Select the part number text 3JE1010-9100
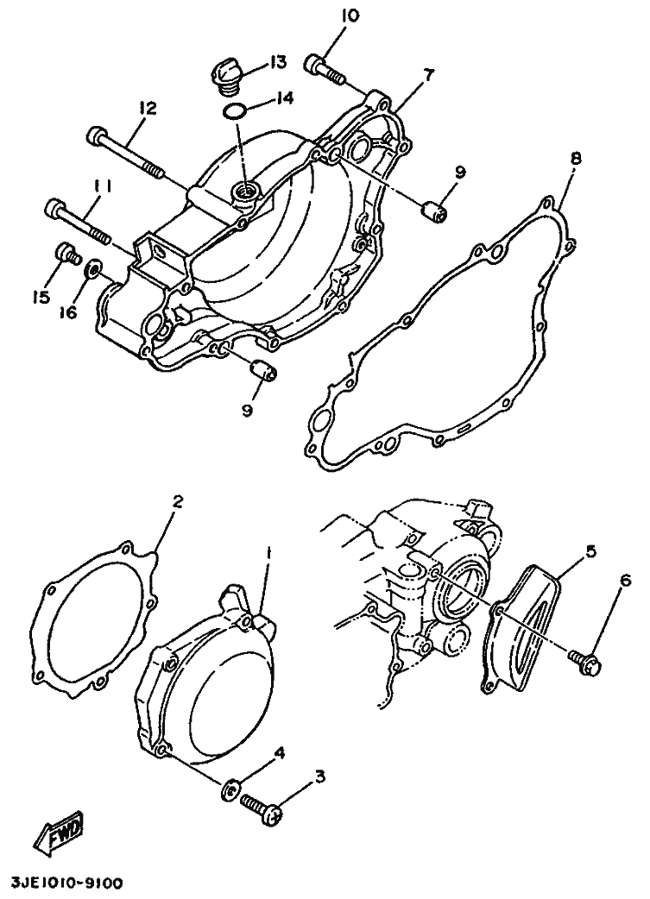click(66, 883)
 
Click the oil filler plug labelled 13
click(226, 74)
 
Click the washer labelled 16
click(90, 272)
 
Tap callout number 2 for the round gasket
click(178, 501)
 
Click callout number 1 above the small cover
click(268, 550)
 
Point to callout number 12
click(147, 109)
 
